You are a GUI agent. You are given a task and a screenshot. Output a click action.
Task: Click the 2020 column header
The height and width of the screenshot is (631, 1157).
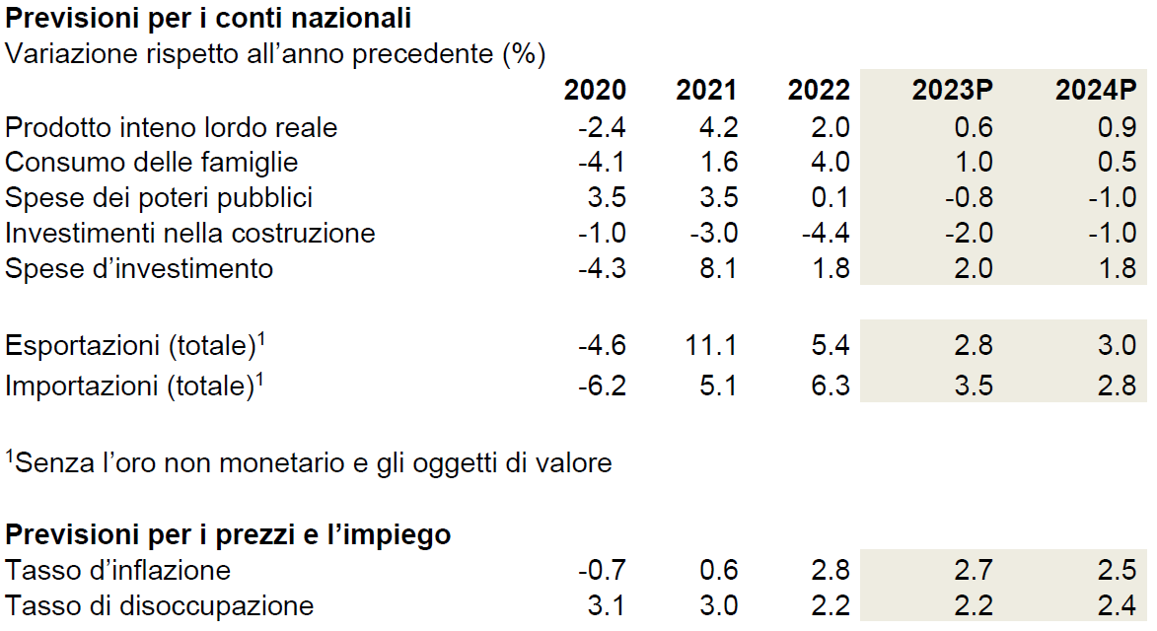tap(595, 90)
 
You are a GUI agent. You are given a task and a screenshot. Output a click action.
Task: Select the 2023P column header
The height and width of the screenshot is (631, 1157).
tap(952, 90)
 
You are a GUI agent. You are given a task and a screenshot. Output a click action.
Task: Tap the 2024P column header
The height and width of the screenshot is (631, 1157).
tap(1096, 90)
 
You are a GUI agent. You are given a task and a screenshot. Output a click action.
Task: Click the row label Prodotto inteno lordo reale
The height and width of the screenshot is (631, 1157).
tap(172, 127)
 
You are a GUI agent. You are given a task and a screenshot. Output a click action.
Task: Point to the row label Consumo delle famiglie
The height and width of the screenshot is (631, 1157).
tap(151, 162)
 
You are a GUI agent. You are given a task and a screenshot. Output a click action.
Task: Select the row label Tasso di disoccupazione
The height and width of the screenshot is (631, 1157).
tap(160, 606)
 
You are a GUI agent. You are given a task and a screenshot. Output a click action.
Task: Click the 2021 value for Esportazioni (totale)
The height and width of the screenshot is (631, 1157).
tap(711, 345)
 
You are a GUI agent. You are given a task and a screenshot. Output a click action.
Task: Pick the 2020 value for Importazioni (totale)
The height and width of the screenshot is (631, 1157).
tap(602, 386)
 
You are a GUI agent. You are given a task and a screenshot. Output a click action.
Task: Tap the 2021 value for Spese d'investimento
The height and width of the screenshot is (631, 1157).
tap(719, 268)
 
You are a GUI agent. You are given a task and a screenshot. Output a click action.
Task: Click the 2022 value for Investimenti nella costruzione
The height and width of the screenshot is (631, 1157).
tap(826, 233)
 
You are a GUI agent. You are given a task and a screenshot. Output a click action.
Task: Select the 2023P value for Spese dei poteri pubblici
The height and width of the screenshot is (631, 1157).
tap(970, 197)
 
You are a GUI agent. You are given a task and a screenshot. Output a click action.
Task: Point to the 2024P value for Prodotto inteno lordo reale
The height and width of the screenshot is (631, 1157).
tap(1118, 127)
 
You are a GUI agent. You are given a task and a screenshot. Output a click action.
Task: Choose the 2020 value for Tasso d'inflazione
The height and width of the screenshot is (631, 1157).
tap(602, 570)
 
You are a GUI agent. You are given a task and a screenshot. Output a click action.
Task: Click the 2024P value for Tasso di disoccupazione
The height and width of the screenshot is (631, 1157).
tap(1118, 606)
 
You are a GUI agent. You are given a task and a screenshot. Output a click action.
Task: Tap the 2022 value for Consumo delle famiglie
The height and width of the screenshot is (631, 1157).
tap(831, 162)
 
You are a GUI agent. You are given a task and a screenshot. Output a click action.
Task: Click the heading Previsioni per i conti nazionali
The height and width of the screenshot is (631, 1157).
tap(208, 19)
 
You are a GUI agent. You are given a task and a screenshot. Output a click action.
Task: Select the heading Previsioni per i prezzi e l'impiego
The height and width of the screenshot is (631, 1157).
tap(228, 534)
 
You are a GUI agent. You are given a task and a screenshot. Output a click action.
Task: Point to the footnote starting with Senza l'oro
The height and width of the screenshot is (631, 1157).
tap(309, 463)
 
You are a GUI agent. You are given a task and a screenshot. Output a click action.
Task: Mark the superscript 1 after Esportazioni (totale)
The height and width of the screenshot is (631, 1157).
tap(261, 338)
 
